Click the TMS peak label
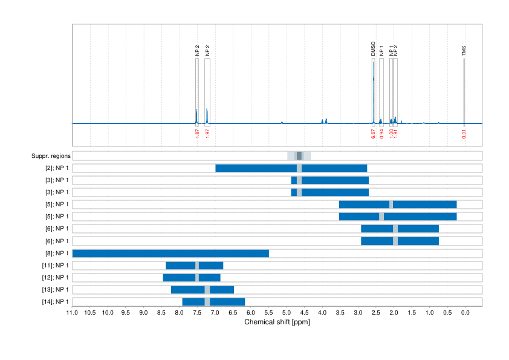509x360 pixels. click(464, 51)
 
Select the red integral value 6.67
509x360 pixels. click(374, 133)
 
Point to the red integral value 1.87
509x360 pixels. click(197, 133)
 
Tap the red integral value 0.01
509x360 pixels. click(464, 133)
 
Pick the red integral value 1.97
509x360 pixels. click(207, 133)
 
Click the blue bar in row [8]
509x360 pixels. click(170, 253)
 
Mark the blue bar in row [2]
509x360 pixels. click(291, 168)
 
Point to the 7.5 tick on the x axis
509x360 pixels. click(197, 313)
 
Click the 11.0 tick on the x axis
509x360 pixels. click(72, 313)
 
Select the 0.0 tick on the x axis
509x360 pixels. click(465, 313)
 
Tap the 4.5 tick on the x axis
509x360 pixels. click(304, 313)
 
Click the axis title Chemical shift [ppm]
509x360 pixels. click(277, 322)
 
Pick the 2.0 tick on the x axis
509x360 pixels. click(394, 313)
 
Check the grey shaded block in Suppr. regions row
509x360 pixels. click(299, 156)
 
